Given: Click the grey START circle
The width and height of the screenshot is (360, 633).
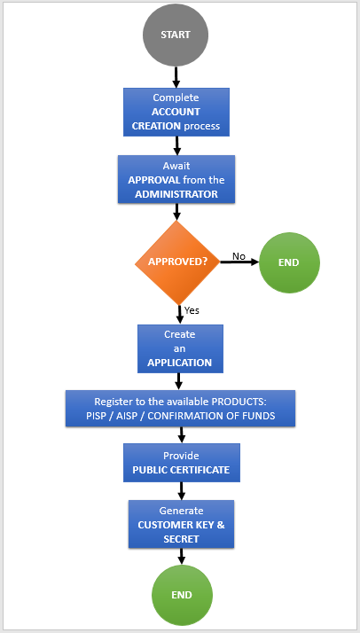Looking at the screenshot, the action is click(x=176, y=35).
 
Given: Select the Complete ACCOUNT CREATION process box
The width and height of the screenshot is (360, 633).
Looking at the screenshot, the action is click(x=176, y=112).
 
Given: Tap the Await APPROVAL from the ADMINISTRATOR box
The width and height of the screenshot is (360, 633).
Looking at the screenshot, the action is click(x=176, y=179).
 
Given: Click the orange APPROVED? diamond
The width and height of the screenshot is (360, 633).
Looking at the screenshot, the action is click(x=177, y=262).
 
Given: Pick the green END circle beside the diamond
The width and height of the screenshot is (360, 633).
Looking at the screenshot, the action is click(x=289, y=262).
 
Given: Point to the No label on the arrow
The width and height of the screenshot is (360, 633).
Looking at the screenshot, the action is click(x=239, y=256).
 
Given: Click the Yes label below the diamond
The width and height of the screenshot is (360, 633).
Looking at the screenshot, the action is click(x=192, y=310).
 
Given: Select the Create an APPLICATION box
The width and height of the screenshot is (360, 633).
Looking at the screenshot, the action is click(x=180, y=348).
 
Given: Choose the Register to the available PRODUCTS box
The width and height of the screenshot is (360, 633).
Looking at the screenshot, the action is click(x=180, y=408).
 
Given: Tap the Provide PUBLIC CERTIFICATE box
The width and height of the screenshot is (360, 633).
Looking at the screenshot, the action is click(x=182, y=463).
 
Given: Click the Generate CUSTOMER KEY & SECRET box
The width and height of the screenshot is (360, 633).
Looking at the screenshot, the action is click(x=181, y=524).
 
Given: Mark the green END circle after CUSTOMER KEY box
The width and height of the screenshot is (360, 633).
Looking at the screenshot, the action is click(x=182, y=595).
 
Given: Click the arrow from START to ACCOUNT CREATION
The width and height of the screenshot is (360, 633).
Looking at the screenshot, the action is click(x=176, y=77).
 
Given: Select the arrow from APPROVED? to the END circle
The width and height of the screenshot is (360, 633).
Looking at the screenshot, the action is click(x=239, y=262).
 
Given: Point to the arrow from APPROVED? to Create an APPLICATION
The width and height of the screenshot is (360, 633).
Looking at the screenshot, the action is click(x=180, y=314).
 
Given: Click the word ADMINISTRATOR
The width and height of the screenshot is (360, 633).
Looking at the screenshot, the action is click(x=176, y=194).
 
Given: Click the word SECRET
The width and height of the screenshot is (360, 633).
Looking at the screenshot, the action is click(x=181, y=539).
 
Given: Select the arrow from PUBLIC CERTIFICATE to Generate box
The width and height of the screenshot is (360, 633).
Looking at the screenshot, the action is click(x=181, y=491).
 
